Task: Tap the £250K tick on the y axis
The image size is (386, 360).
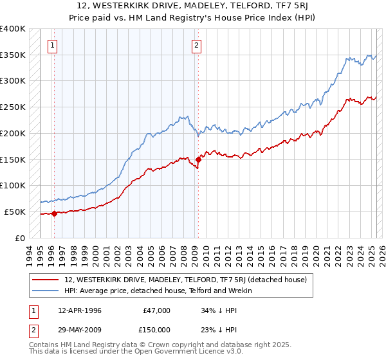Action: (x=13, y=107)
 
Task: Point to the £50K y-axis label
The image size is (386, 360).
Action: (x=15, y=212)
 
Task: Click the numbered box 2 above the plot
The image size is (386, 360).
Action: (x=196, y=46)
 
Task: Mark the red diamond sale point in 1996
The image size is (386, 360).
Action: (x=54, y=213)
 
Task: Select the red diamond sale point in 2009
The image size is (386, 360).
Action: (x=198, y=159)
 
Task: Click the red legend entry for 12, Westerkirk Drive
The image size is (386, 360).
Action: (x=187, y=280)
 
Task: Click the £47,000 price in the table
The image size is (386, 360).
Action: (x=156, y=310)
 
